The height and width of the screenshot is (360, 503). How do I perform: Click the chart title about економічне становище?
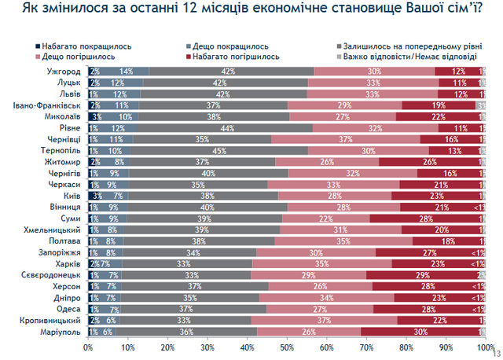[x=251, y=11]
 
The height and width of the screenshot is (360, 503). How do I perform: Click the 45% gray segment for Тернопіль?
[x=215, y=150]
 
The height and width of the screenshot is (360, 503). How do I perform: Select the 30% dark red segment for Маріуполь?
[x=420, y=332]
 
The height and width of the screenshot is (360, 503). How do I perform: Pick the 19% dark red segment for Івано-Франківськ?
[x=439, y=105]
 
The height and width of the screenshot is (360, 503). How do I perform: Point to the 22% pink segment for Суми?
[x=325, y=219]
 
